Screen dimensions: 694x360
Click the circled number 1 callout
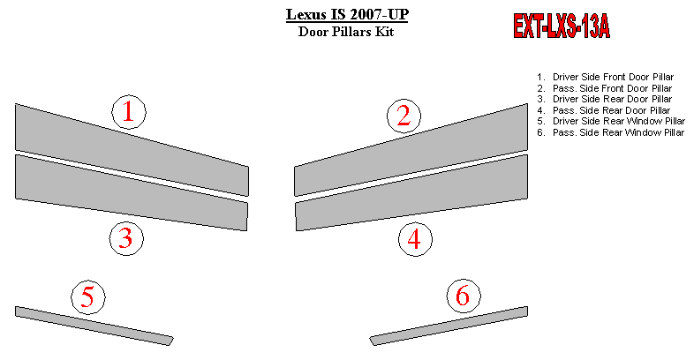point(128,112)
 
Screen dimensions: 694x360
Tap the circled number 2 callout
point(404,116)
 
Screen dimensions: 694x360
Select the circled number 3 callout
point(126,238)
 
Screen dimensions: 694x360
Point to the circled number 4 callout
point(415,239)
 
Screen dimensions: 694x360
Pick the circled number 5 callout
point(88,296)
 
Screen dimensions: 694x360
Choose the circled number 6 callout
point(464,296)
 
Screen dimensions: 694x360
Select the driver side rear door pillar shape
point(132,192)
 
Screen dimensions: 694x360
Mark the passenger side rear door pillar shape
point(411,192)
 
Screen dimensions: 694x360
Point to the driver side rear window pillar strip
point(94,326)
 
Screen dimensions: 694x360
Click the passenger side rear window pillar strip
point(449,326)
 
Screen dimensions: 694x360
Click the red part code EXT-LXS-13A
point(562,26)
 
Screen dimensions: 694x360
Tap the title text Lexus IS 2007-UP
point(347,15)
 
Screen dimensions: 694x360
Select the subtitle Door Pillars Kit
point(346,32)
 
